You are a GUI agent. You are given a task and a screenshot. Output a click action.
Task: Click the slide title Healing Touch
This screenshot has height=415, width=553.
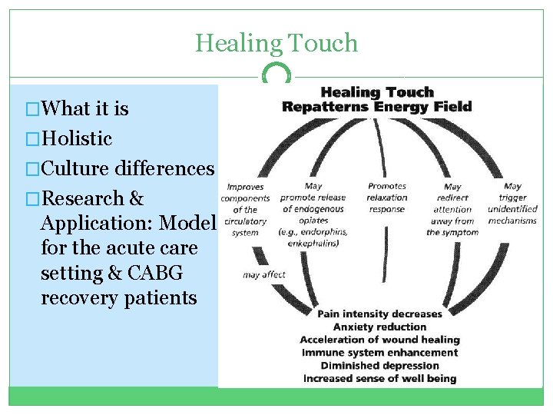[x=276, y=43]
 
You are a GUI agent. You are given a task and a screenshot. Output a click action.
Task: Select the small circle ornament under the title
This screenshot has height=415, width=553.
[x=276, y=75]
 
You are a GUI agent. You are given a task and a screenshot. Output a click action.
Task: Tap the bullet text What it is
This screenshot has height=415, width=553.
[x=85, y=109]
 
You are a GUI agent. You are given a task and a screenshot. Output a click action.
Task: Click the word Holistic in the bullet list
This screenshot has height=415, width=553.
[x=78, y=139]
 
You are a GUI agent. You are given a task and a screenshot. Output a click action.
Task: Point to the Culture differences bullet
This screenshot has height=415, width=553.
[x=127, y=168]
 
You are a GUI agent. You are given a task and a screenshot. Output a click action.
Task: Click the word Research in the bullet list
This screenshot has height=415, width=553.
[x=84, y=198]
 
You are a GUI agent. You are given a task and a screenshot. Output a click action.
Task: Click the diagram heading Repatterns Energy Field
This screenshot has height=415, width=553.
[x=376, y=107]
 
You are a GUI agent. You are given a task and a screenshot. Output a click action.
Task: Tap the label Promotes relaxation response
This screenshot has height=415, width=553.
[x=387, y=198]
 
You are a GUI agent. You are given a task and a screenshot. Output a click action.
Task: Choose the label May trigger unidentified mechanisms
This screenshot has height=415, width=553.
[x=512, y=203]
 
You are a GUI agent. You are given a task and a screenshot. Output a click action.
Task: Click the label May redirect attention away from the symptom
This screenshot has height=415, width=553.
[x=452, y=209]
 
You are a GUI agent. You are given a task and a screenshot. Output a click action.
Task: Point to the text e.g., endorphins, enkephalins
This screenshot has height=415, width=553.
[x=313, y=237]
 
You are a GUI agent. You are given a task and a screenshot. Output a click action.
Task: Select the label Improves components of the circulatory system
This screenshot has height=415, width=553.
[x=245, y=209]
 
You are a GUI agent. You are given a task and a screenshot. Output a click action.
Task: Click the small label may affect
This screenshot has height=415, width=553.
[x=263, y=274]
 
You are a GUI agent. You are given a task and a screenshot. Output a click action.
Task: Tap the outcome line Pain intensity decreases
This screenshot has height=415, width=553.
[x=379, y=314]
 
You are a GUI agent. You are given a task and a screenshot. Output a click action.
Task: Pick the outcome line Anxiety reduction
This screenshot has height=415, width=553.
[x=379, y=327]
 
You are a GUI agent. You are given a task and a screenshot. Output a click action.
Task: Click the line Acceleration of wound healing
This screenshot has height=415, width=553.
[x=379, y=340]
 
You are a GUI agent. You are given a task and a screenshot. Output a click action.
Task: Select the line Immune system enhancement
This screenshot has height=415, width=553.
[x=379, y=353]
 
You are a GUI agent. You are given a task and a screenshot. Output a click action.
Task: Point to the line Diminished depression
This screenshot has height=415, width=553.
[x=379, y=366]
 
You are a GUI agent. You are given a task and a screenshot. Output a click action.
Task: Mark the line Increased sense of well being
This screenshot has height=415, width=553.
[x=379, y=379]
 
